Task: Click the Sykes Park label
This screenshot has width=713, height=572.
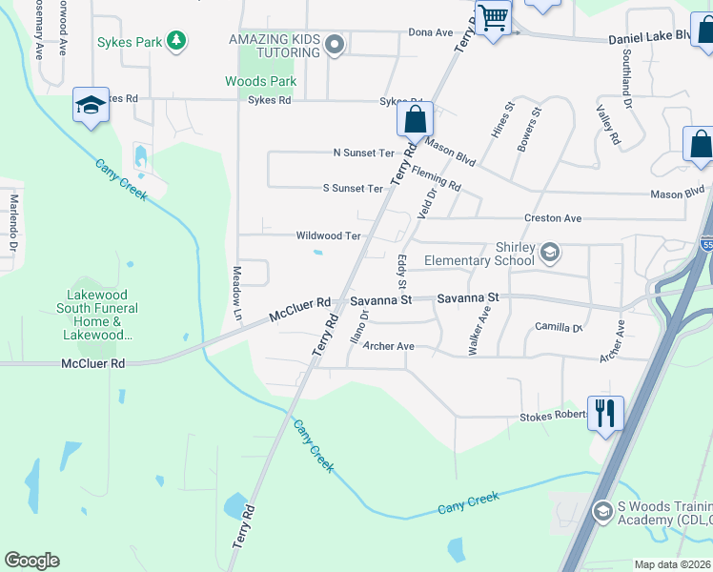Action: pyautogui.click(x=128, y=42)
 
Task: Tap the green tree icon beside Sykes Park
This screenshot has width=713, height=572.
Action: pyautogui.click(x=175, y=40)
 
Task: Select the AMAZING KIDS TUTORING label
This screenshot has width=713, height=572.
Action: pyautogui.click(x=274, y=45)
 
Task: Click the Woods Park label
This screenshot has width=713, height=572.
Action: pyautogui.click(x=260, y=81)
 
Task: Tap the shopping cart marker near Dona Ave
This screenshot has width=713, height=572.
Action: pyautogui.click(x=494, y=18)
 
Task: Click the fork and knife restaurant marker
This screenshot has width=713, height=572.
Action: pyautogui.click(x=605, y=413)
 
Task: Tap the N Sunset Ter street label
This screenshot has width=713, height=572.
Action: pyautogui.click(x=363, y=153)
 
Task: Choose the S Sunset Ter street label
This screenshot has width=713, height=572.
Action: pyautogui.click(x=353, y=188)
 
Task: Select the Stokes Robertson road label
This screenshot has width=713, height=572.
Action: pyautogui.click(x=554, y=418)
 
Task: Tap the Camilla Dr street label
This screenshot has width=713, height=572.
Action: pyautogui.click(x=559, y=327)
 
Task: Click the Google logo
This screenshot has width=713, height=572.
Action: pyautogui.click(x=31, y=561)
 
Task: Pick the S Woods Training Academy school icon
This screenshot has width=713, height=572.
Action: pyautogui.click(x=601, y=512)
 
